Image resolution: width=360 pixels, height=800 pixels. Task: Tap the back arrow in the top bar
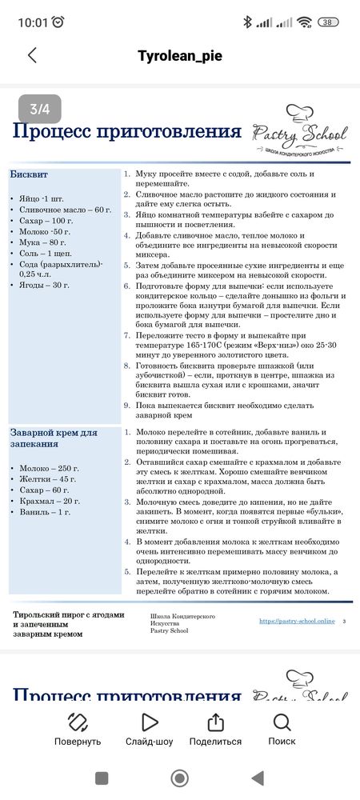pos(32,55)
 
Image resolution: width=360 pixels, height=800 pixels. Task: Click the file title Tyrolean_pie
pos(179,56)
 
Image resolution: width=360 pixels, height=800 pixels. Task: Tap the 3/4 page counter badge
pos(39,109)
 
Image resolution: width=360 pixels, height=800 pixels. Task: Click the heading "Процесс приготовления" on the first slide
pos(126,131)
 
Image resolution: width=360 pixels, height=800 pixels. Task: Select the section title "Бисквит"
pos(29,173)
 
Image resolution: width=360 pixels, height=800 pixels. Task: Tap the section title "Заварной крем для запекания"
pos(54,438)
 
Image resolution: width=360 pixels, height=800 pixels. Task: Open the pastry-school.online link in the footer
pos(297,622)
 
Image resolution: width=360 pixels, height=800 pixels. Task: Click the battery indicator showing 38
pos(328,22)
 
